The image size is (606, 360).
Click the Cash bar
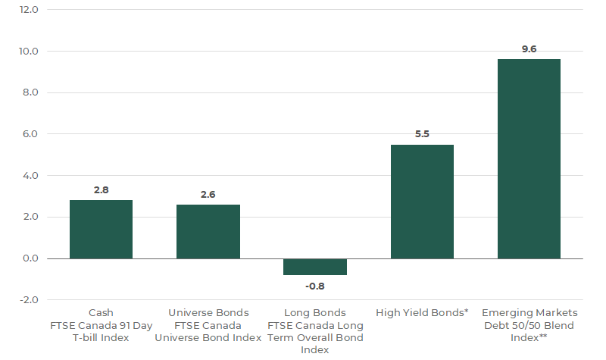[x=101, y=229]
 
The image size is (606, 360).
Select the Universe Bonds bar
[x=208, y=231]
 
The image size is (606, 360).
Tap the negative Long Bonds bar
[x=315, y=267]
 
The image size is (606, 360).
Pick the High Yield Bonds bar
[x=422, y=202]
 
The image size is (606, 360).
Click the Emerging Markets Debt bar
[x=529, y=159]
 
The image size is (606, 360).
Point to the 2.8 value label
[x=101, y=189]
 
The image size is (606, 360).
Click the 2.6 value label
[x=208, y=194]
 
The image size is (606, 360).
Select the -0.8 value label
[x=315, y=286]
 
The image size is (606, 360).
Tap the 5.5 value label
[x=422, y=134]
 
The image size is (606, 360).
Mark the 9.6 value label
[x=529, y=49]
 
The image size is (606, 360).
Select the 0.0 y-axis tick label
[x=30, y=258]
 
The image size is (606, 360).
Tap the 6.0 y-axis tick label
[x=30, y=134]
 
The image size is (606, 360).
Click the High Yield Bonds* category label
[x=422, y=312]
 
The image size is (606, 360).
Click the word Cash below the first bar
[x=101, y=312]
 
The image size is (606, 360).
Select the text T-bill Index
[x=101, y=337]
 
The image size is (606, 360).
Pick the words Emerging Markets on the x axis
[x=529, y=312]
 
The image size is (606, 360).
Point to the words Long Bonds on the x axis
[x=315, y=312]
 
